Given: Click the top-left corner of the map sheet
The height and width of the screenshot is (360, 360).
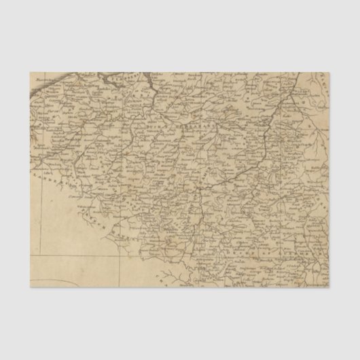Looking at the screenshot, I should point(30,73).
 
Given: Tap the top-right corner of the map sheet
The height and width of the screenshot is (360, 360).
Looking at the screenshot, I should point(330,73).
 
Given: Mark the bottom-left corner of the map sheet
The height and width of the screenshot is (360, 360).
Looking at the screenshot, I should point(30,287).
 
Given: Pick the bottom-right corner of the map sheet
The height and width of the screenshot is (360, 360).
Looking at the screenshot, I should point(330,287).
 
